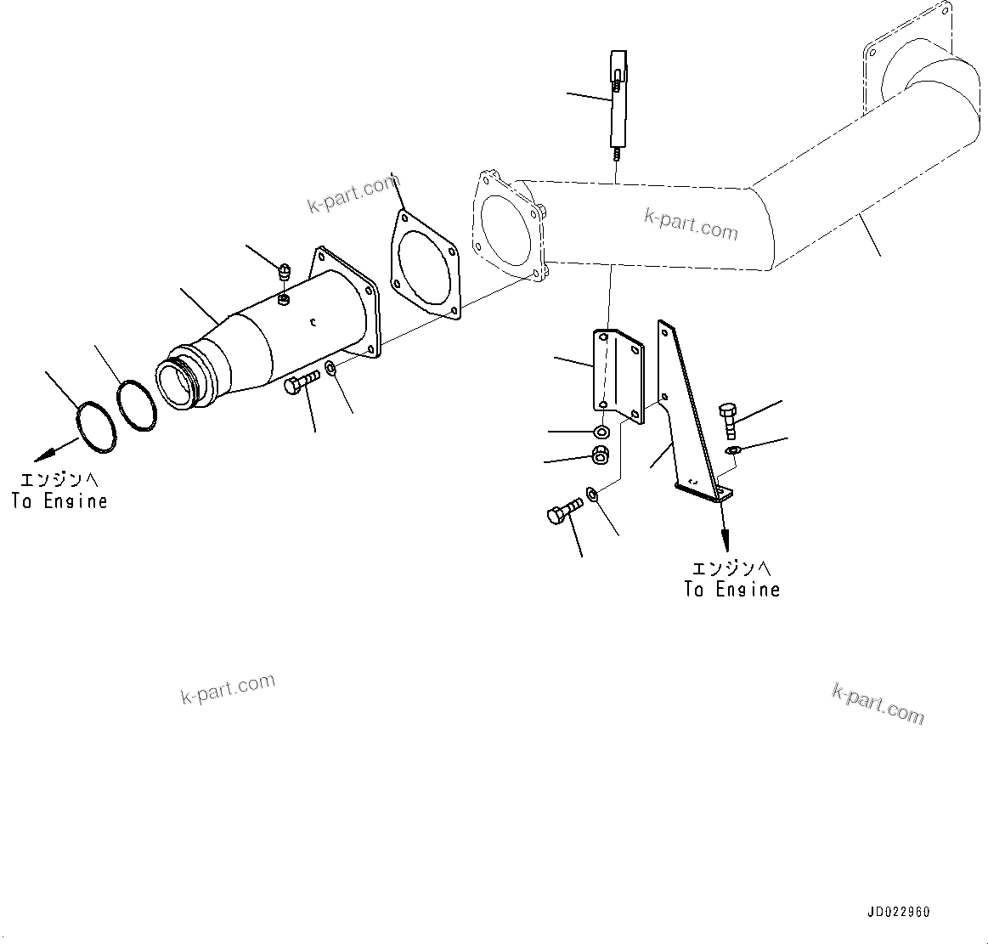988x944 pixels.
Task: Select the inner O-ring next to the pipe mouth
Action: point(137,403)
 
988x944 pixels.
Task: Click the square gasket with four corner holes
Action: point(425,265)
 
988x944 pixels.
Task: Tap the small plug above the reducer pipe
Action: point(285,272)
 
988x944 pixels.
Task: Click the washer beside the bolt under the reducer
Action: point(330,369)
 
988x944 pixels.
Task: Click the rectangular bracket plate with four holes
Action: point(618,372)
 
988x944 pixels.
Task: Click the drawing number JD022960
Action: point(898,912)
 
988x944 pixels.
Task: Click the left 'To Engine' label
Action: point(59,501)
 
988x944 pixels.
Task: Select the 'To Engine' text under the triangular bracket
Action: point(731,589)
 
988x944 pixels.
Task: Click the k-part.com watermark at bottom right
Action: point(878,704)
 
